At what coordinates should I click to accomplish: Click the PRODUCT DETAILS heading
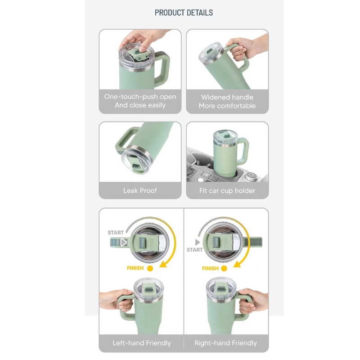(x=184, y=13)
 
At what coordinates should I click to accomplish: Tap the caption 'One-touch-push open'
(x=140, y=97)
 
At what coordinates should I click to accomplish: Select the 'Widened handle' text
(x=227, y=97)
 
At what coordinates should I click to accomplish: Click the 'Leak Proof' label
(x=140, y=190)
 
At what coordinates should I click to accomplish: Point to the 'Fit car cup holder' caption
(x=227, y=191)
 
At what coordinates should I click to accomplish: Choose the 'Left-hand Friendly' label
(x=142, y=343)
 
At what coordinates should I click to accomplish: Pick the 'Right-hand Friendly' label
(x=225, y=343)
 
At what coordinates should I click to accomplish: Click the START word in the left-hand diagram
(x=116, y=233)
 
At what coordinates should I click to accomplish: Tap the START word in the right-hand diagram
(x=195, y=250)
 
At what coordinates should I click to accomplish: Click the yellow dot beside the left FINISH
(x=150, y=268)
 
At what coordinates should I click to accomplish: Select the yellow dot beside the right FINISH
(x=224, y=268)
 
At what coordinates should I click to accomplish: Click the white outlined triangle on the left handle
(x=124, y=243)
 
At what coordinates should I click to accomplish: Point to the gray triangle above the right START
(x=198, y=242)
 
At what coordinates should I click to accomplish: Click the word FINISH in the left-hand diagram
(x=135, y=268)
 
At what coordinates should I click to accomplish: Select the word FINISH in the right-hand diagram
(x=210, y=268)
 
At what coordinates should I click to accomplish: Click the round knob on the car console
(x=251, y=176)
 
